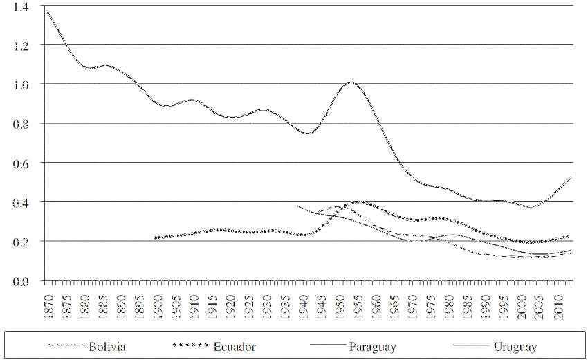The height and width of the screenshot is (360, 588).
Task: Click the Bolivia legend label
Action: (x=106, y=346)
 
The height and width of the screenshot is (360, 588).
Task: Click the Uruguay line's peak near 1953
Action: (x=351, y=83)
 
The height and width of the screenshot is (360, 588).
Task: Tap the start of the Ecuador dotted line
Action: (x=156, y=237)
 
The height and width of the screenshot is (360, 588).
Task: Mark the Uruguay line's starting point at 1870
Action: (x=46, y=10)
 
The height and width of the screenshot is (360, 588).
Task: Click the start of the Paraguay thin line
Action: (x=298, y=206)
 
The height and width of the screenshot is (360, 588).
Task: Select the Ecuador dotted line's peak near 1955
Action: (x=358, y=202)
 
